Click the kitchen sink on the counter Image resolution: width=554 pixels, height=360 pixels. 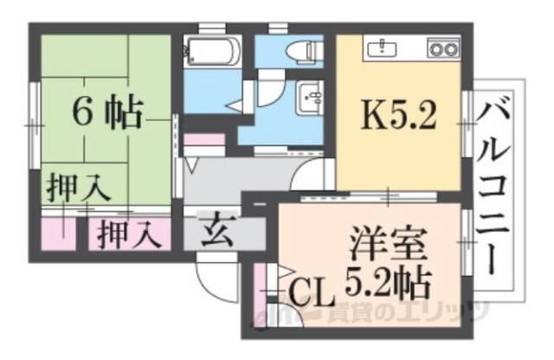tap(383, 48)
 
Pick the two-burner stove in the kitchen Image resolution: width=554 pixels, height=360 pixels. tap(444, 48)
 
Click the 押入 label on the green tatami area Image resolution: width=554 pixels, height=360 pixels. tap(77, 189)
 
